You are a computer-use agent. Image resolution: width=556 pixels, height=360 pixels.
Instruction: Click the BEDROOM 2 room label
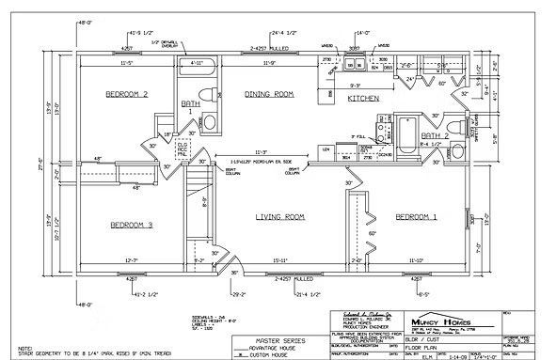pos(126,94)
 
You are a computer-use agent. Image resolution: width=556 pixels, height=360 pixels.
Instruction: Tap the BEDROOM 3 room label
pos(131,225)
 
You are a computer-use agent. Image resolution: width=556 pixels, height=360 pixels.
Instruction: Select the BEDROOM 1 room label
pos(416,217)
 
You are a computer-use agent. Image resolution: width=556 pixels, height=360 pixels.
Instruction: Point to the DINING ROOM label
pos(270,94)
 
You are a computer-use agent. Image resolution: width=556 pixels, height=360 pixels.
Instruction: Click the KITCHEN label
pos(363,98)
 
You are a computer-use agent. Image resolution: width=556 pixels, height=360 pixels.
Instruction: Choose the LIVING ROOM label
pos(281,217)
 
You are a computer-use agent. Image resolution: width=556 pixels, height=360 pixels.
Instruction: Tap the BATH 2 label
pos(434,135)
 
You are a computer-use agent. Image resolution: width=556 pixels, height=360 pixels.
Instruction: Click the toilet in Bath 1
pos(211,123)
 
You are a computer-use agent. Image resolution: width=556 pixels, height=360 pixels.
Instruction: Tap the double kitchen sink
pos(357,66)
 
